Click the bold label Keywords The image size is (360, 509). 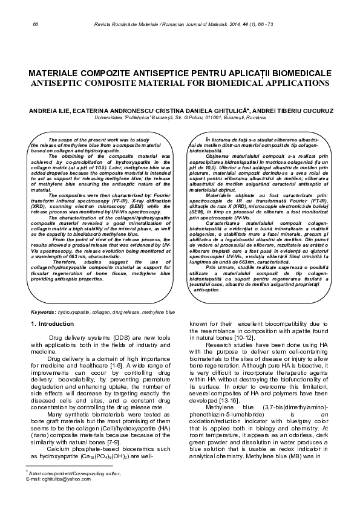[43, 312]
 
